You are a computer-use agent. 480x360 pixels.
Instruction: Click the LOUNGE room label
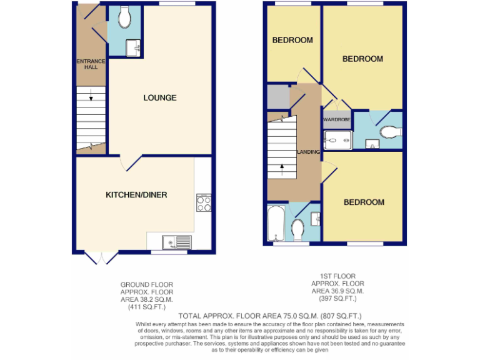point(159,97)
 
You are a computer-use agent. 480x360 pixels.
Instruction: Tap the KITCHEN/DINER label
point(136,195)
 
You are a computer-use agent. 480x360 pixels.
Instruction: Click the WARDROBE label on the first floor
point(337,119)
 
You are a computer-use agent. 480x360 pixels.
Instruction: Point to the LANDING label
point(309,152)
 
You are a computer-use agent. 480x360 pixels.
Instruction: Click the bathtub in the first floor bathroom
point(275,226)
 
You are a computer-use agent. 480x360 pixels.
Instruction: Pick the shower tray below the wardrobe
point(337,139)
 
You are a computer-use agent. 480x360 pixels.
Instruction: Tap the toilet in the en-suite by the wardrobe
point(389,132)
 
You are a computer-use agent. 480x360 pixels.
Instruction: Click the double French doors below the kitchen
point(101,257)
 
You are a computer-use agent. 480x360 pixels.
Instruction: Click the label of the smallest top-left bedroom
point(292,41)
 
